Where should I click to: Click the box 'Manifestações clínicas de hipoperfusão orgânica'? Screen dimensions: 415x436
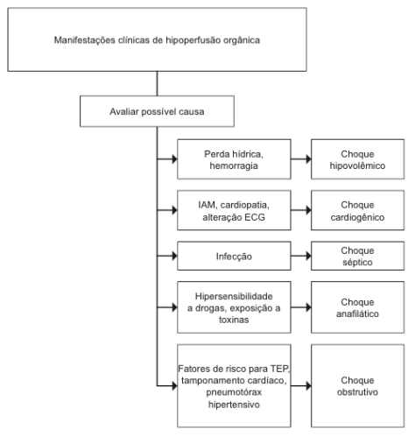[157, 39]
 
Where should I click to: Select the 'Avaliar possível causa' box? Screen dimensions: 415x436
[157, 111]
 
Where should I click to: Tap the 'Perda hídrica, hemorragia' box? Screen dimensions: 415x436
[234, 159]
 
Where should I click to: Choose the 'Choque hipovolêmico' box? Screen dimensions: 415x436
[357, 159]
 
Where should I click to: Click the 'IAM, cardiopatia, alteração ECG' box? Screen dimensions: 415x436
[234, 210]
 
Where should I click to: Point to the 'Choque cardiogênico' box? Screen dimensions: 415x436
[357, 210]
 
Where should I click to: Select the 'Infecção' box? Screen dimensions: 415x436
[234, 256]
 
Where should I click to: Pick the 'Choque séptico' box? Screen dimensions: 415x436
[357, 256]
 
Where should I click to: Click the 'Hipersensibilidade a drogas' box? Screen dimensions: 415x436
[234, 307]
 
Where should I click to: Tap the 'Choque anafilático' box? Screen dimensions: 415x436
[357, 307]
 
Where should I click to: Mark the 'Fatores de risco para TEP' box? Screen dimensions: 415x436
[234, 386]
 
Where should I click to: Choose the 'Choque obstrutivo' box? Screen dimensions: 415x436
[357, 386]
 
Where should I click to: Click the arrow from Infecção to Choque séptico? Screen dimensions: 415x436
[301, 256]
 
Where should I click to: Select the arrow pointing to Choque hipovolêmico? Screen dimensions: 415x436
[301, 159]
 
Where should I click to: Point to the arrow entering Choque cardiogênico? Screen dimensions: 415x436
[301, 210]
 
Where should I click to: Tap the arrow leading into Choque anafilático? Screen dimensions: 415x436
[301, 307]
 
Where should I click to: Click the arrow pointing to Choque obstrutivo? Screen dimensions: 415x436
[301, 386]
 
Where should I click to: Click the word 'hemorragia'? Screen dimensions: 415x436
[234, 165]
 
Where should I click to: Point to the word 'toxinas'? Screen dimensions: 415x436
[234, 320]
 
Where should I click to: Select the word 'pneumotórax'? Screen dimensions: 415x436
[234, 392]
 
